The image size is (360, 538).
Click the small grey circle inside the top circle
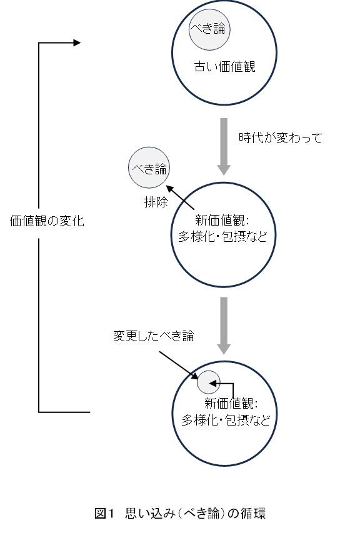point(209,29)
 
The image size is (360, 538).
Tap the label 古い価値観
point(225,67)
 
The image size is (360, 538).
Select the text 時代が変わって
point(280,138)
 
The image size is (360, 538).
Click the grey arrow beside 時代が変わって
point(224,146)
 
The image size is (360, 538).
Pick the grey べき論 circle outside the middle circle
point(149,168)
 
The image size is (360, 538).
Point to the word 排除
point(156,202)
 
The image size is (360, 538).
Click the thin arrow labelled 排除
point(180,197)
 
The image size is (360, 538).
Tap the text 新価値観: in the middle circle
point(222,220)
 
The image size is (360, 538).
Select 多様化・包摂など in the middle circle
point(222,236)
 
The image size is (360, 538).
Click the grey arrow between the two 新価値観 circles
point(224,326)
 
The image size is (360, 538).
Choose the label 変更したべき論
point(154,336)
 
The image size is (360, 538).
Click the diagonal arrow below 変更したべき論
point(179,366)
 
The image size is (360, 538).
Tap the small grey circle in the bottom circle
point(208,382)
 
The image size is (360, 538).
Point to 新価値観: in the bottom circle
point(231,403)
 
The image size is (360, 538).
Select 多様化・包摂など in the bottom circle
point(226,420)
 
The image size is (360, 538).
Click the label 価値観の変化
point(47,221)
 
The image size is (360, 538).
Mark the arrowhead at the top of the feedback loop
point(77,42)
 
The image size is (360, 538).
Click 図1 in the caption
point(104,513)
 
